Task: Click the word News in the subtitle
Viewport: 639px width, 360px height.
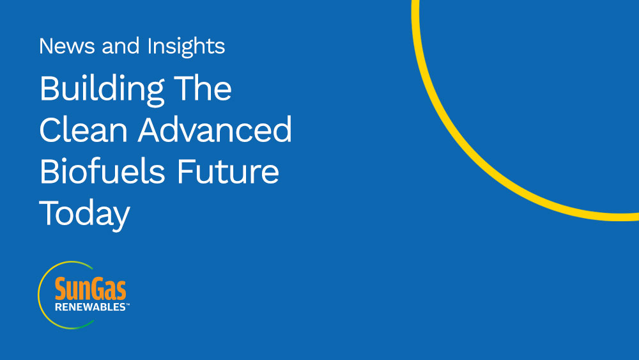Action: (x=68, y=45)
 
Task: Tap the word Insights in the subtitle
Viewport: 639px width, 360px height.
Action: (x=186, y=47)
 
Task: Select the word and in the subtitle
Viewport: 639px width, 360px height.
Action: (x=121, y=45)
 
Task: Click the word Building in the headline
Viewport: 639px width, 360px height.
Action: (x=102, y=90)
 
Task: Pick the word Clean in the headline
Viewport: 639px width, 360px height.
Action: (x=84, y=130)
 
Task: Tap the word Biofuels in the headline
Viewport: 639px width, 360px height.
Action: (x=102, y=171)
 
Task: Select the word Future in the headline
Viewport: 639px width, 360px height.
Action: (x=228, y=172)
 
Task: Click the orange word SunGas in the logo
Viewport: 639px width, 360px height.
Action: (x=91, y=288)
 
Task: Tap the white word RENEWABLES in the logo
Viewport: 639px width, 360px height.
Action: (x=90, y=307)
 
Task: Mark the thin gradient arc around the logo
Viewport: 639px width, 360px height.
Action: (x=40, y=295)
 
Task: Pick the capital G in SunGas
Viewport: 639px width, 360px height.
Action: (x=99, y=288)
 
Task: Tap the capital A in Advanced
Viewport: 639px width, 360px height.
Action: (x=150, y=130)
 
